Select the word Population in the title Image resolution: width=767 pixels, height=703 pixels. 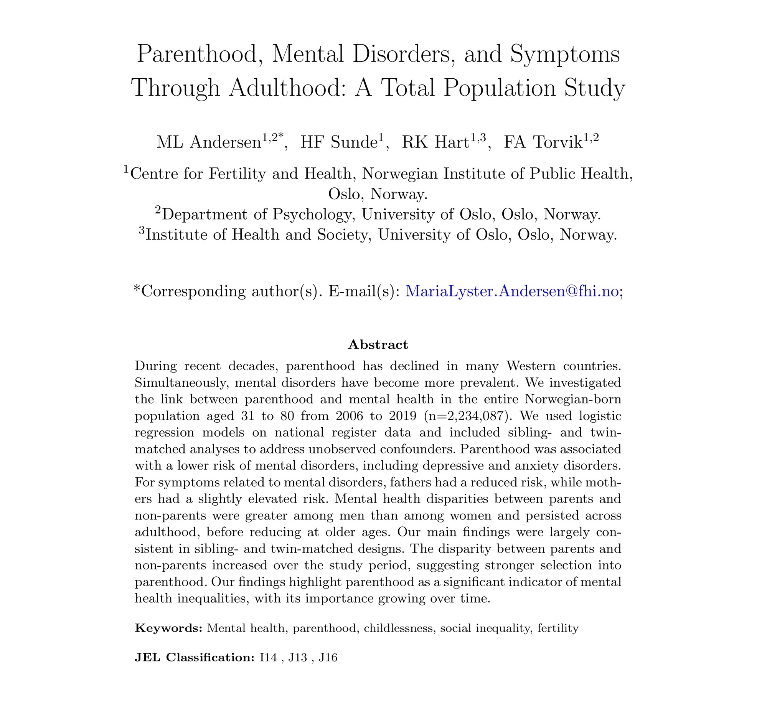tap(500, 88)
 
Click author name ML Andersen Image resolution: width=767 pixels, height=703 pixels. tap(209, 142)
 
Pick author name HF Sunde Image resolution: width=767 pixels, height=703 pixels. tap(339, 142)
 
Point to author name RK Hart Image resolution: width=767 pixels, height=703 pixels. tap(435, 142)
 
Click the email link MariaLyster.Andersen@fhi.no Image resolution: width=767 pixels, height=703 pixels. tap(512, 291)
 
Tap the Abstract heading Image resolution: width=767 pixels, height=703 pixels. tap(378, 345)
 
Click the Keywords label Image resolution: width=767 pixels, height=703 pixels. tap(168, 629)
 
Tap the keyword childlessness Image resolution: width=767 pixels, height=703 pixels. tap(399, 629)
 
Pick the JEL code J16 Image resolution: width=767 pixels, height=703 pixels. tap(328, 658)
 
